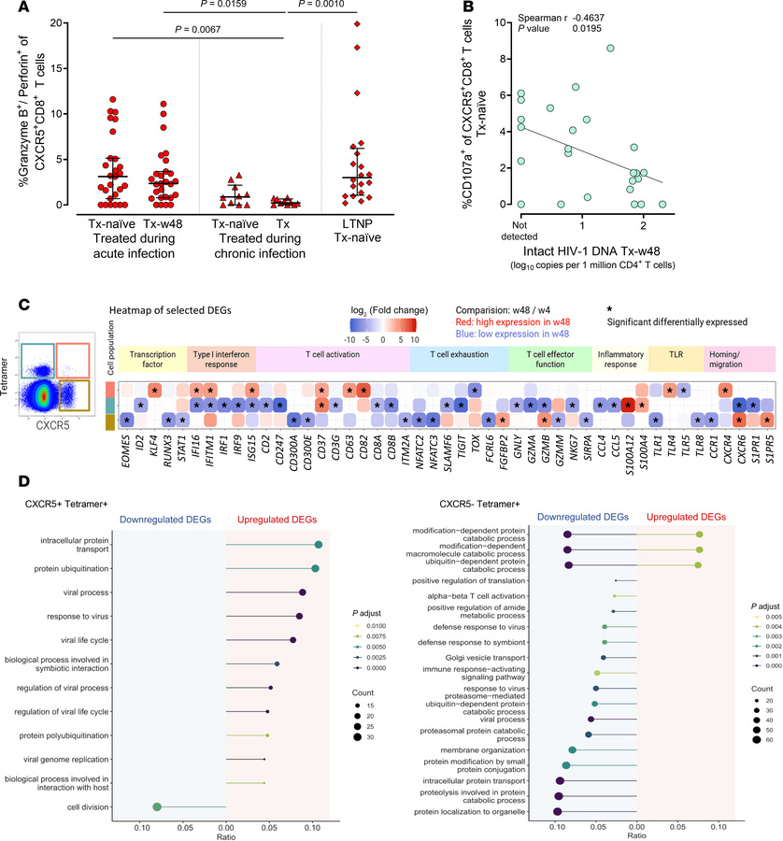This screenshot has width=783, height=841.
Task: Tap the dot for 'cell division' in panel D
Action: click(x=157, y=779)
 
